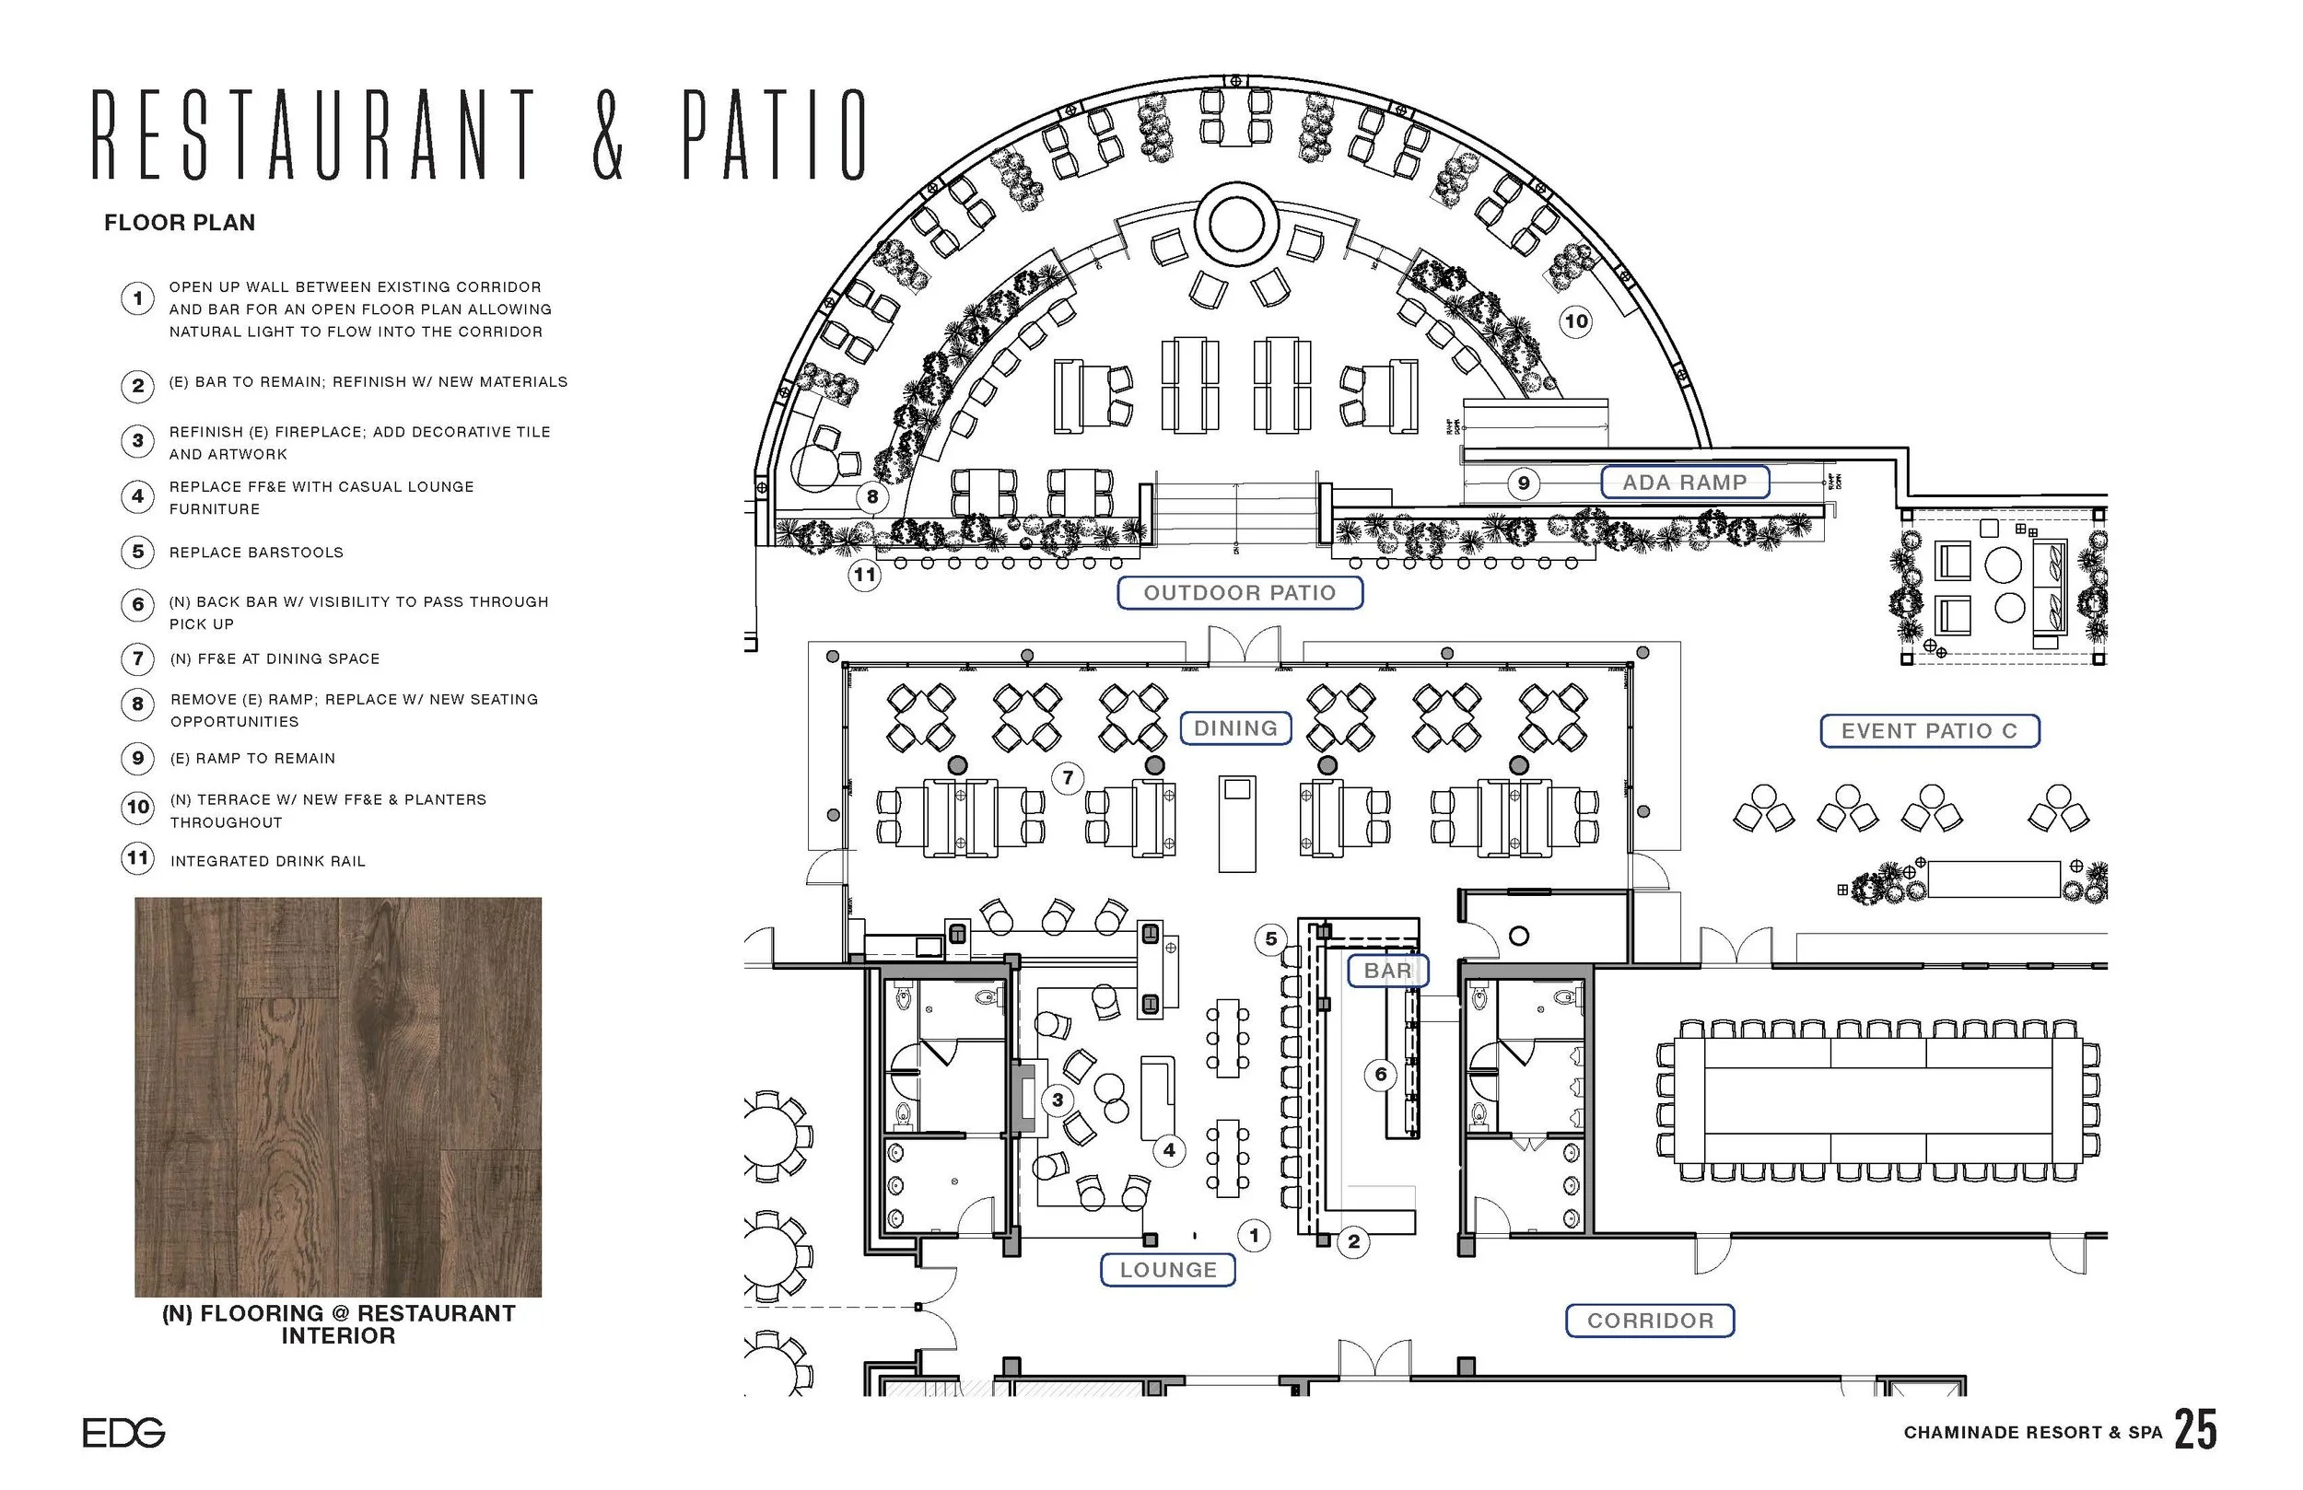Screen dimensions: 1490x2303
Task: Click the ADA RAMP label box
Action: (x=1685, y=482)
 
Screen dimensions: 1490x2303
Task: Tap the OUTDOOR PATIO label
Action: (x=1240, y=592)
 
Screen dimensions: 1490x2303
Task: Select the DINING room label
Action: (x=1235, y=728)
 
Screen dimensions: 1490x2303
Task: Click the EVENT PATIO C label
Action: (x=1930, y=730)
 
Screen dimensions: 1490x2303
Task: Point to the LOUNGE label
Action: (x=1168, y=1269)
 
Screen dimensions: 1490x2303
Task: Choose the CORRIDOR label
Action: (x=1650, y=1320)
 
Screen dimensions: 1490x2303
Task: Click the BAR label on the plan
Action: (x=1387, y=970)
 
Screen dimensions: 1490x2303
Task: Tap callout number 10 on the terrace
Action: (x=1576, y=321)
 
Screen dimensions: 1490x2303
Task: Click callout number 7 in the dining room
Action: (x=1068, y=777)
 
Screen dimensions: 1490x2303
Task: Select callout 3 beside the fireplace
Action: (x=1058, y=1100)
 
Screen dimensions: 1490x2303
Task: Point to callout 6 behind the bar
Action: (x=1381, y=1074)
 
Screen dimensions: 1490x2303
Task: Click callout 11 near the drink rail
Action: (x=864, y=575)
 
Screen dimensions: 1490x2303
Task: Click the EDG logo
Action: (x=123, y=1432)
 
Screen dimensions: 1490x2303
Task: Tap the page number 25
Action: (x=2195, y=1430)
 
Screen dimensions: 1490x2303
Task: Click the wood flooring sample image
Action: (x=338, y=1096)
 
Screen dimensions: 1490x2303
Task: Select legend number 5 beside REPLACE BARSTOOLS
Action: (x=137, y=552)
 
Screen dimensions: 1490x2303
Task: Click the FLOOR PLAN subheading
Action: (x=180, y=223)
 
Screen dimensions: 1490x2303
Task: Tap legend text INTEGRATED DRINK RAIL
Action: (x=268, y=861)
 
